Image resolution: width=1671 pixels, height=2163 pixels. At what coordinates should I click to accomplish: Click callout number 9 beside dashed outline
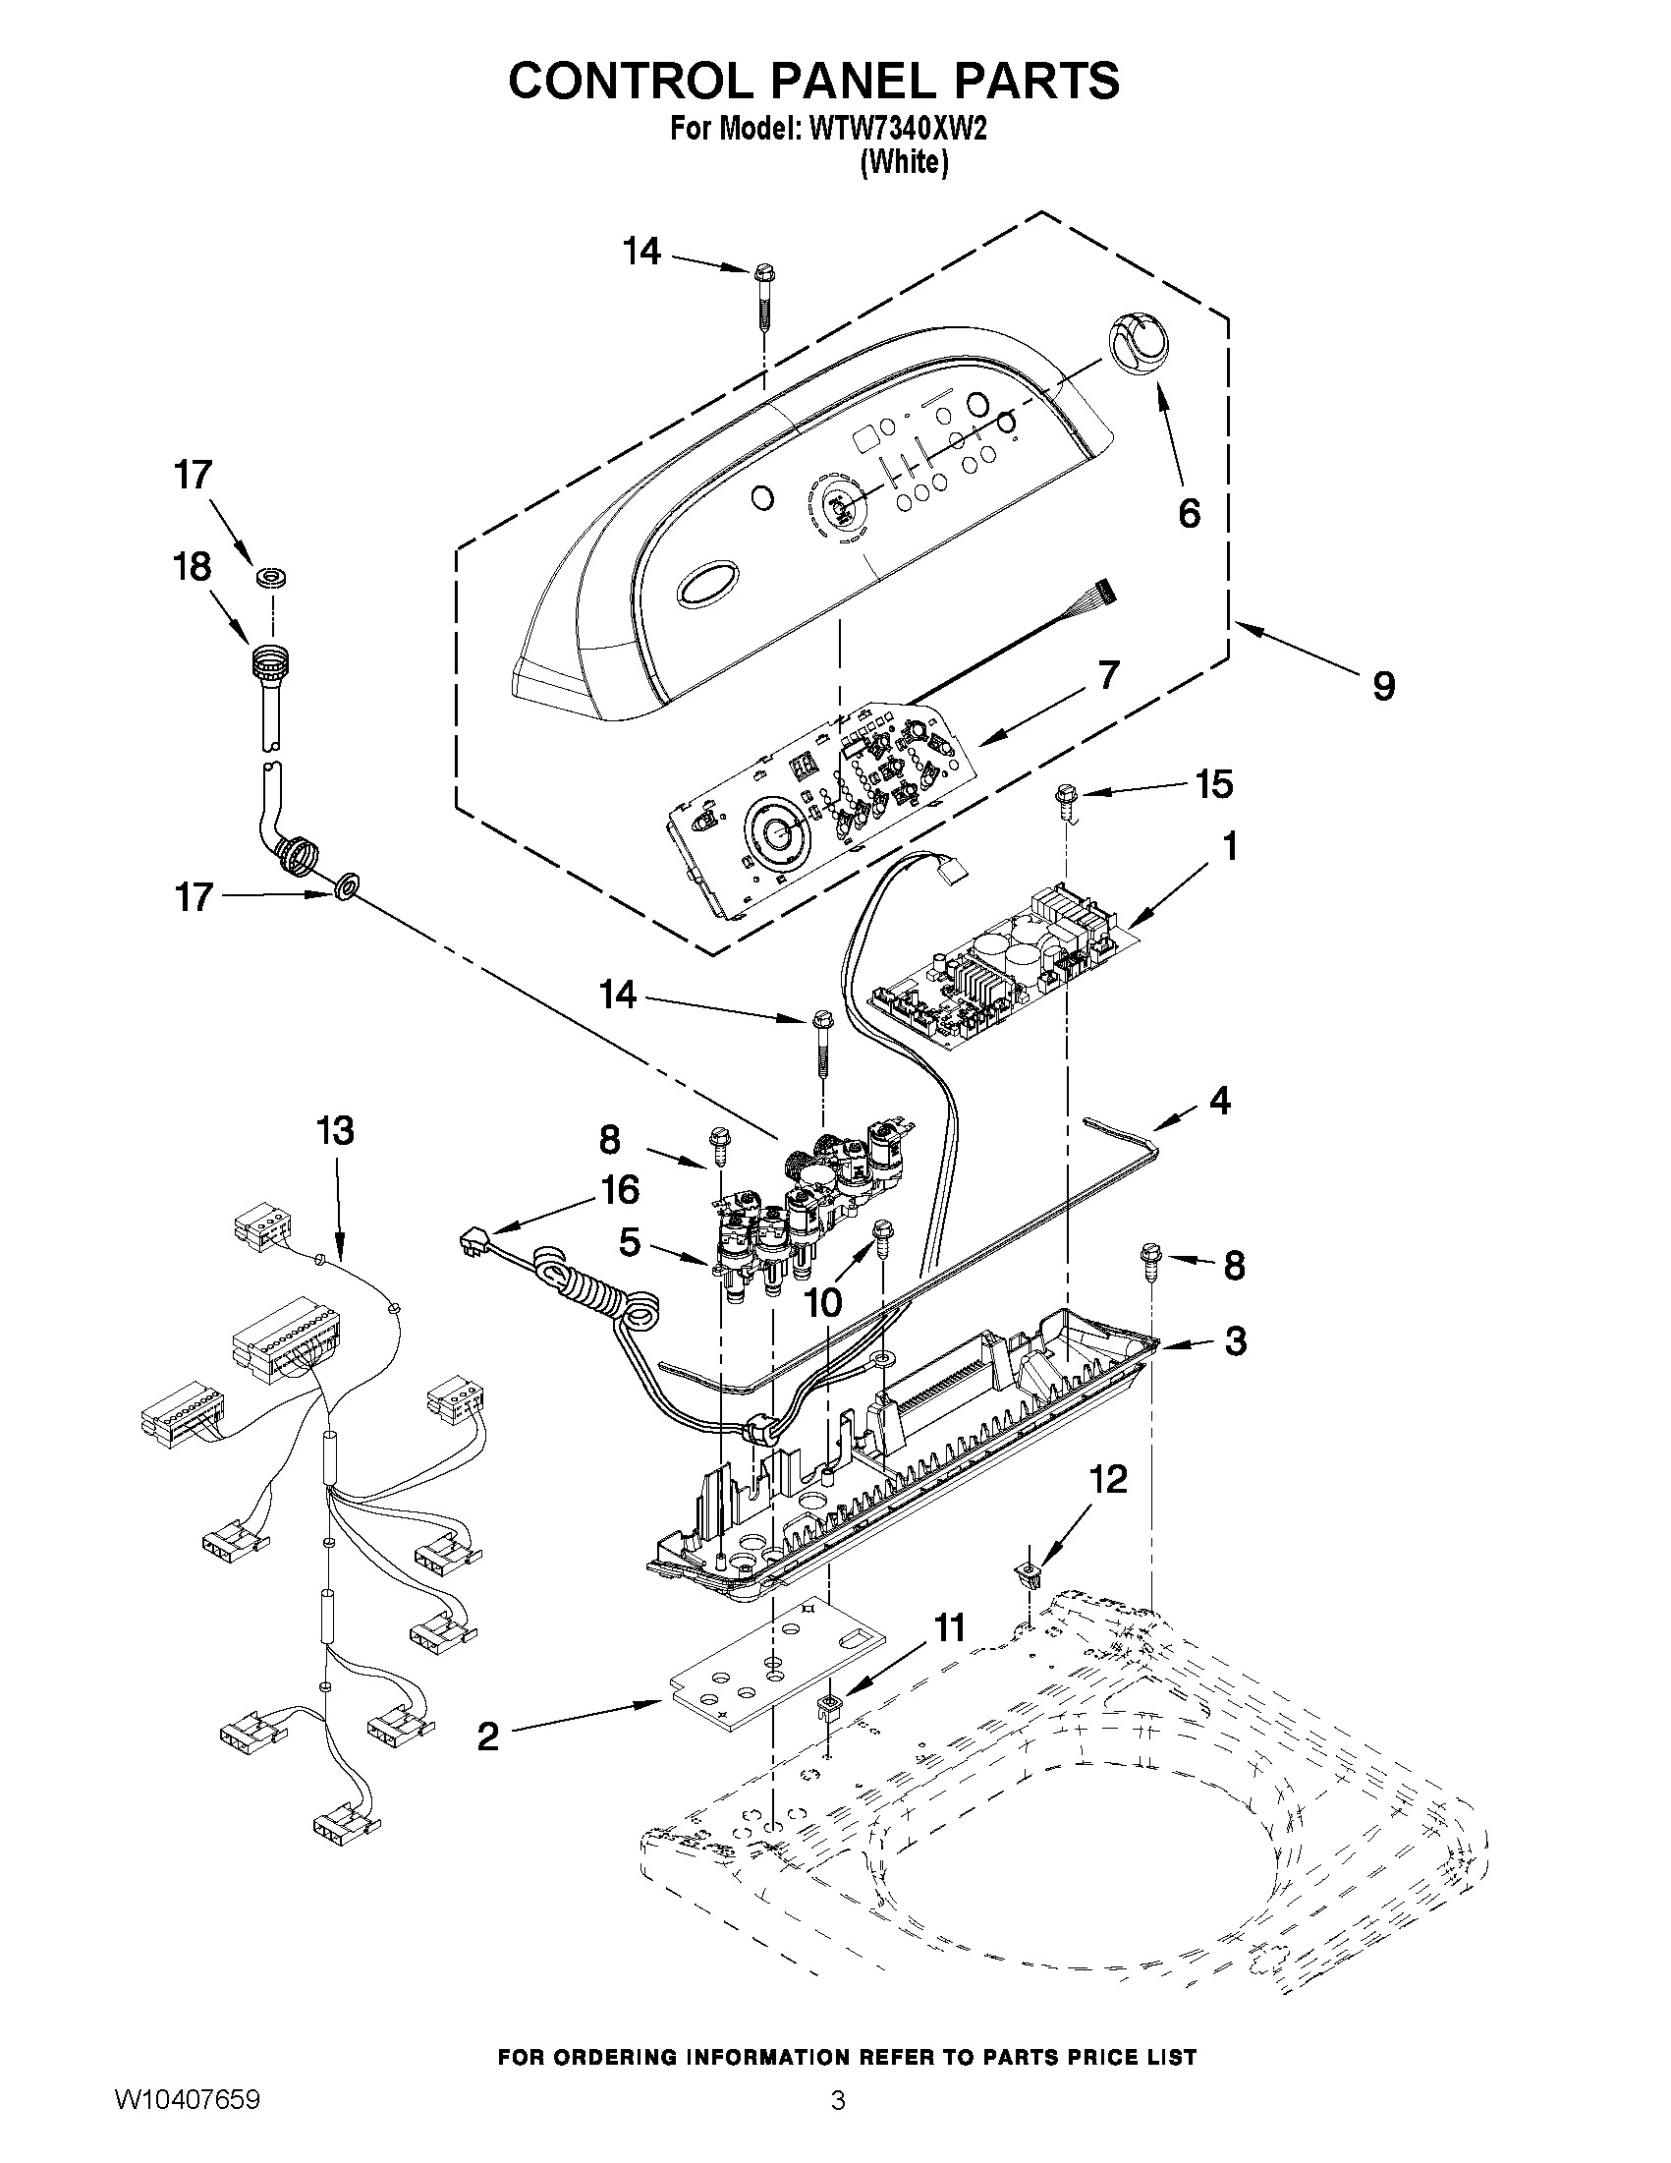[1383, 684]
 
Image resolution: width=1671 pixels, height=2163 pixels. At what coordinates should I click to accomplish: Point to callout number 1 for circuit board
[1230, 847]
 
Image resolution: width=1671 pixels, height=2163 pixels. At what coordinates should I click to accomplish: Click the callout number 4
[1219, 1100]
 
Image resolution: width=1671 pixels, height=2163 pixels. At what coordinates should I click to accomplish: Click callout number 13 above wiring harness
[335, 1130]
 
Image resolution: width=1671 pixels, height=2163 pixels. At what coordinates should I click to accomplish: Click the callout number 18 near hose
[192, 566]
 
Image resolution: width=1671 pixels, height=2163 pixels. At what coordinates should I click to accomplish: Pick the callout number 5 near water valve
[630, 1242]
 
